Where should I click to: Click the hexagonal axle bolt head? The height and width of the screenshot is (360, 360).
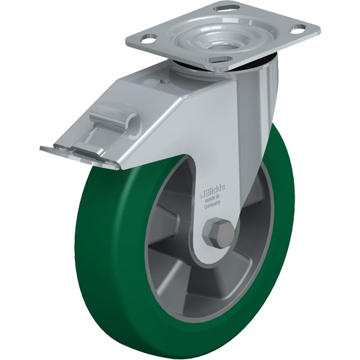tap(218, 235)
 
